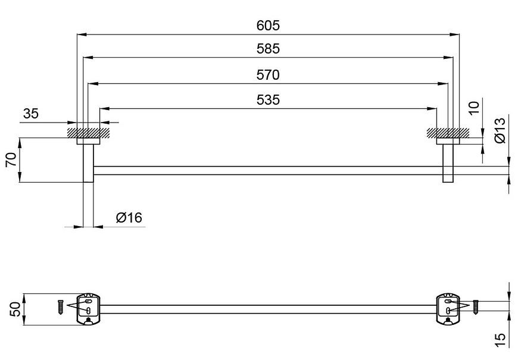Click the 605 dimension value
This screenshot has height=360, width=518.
pos(268,26)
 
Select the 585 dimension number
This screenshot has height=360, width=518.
pos(268,49)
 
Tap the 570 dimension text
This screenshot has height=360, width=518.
pos(268,75)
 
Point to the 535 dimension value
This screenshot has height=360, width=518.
pos(268,99)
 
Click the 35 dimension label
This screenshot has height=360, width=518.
pos(31,113)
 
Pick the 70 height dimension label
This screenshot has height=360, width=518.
pos(11,159)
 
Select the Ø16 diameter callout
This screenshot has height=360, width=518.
pos(129,218)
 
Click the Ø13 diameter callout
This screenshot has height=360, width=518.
pos(500,130)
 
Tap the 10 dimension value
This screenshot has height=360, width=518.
pos(474,108)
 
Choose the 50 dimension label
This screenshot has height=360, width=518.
pos(15,309)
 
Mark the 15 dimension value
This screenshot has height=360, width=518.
pos(500,340)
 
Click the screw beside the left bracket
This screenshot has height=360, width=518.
pos(61,306)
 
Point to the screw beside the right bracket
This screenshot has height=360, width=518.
pos(475,306)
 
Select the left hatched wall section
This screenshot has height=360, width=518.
pos(88,133)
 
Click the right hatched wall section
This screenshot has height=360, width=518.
pos(448,133)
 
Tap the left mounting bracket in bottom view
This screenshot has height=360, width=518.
pos(88,309)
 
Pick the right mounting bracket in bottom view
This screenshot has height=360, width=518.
pos(448,309)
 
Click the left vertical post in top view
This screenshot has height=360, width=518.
pos(88,163)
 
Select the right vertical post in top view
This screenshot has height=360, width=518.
pos(448,163)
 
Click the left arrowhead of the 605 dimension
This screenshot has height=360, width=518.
pos(81,34)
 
